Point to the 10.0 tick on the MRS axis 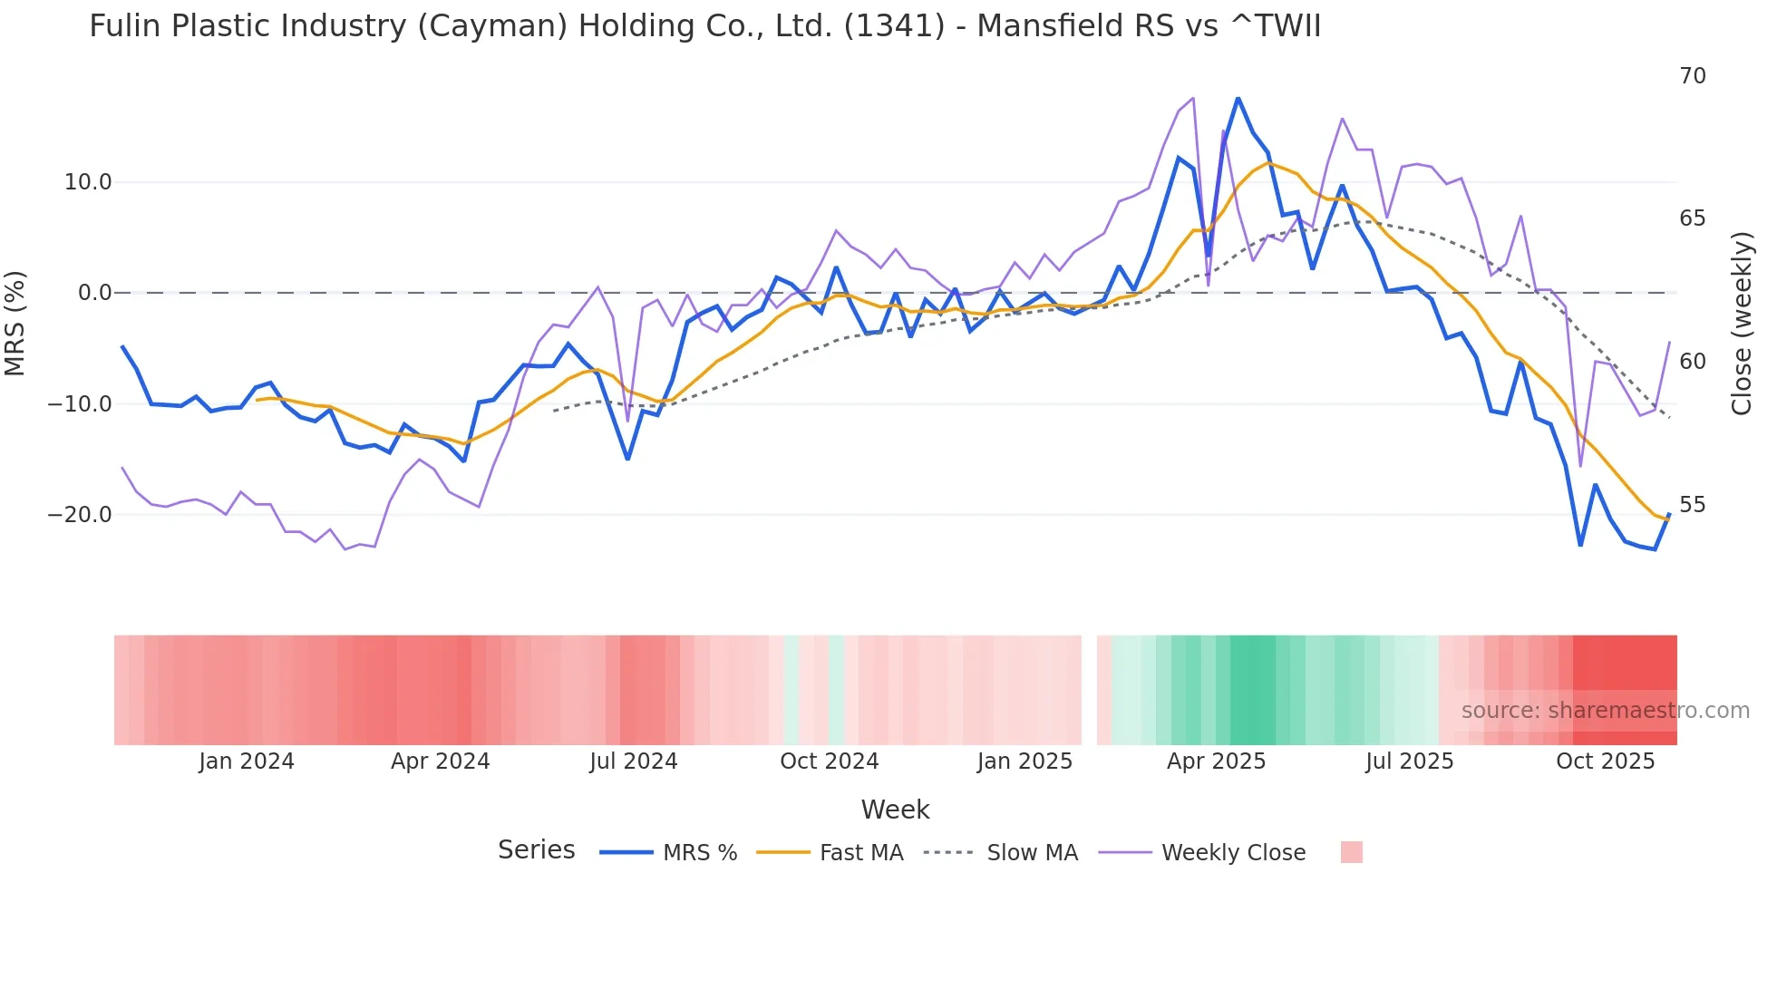pos(88,182)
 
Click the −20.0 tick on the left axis pos(80,515)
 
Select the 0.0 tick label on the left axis pos(94,293)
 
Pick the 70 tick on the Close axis pos(1692,76)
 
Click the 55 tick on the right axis pos(1692,505)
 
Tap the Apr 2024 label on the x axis pos(440,761)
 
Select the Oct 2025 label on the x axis pos(1605,761)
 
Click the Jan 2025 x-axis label pos(1024,761)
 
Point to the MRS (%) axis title pos(15,324)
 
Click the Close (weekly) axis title pos(1741,324)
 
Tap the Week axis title pos(895,810)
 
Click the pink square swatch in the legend pos(1351,852)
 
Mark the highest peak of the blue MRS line pos(1238,98)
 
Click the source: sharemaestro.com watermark pos(1605,711)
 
